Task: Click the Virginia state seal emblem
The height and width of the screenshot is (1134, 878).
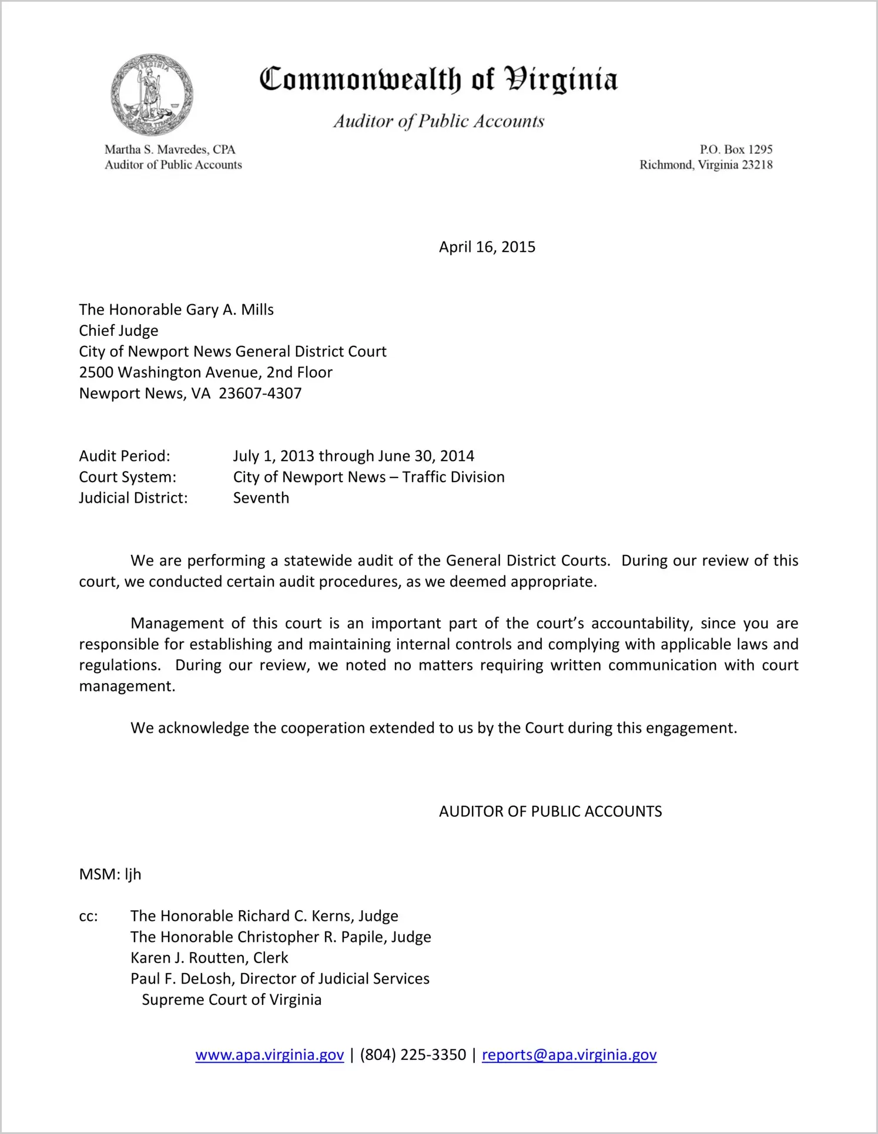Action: click(152, 95)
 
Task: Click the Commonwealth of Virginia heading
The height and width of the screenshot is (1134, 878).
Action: click(438, 79)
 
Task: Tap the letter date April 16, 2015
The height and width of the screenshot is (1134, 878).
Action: click(487, 247)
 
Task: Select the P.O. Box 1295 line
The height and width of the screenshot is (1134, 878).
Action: click(736, 149)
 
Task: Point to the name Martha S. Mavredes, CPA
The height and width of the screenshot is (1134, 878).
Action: click(170, 149)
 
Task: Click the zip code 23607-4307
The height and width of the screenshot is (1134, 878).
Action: click(260, 393)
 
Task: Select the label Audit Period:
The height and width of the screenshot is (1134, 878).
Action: click(125, 456)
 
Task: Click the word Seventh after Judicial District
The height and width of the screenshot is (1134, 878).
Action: click(261, 498)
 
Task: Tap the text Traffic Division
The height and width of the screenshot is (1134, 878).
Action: click(453, 477)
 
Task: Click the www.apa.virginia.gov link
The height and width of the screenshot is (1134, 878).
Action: click(269, 1055)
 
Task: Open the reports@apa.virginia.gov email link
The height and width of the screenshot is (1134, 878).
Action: click(569, 1055)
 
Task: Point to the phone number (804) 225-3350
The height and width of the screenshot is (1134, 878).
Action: click(413, 1055)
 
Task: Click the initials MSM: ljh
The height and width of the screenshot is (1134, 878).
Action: click(110, 874)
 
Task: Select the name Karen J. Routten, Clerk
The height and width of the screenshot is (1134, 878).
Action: click(209, 958)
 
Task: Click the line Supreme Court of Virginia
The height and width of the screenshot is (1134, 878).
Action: click(232, 1000)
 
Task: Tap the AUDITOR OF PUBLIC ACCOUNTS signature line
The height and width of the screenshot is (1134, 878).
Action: click(550, 812)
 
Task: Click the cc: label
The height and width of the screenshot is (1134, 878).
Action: click(88, 916)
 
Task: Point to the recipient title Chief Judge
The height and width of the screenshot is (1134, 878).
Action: click(119, 331)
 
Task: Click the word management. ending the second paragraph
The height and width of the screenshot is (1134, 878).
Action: click(127, 687)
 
